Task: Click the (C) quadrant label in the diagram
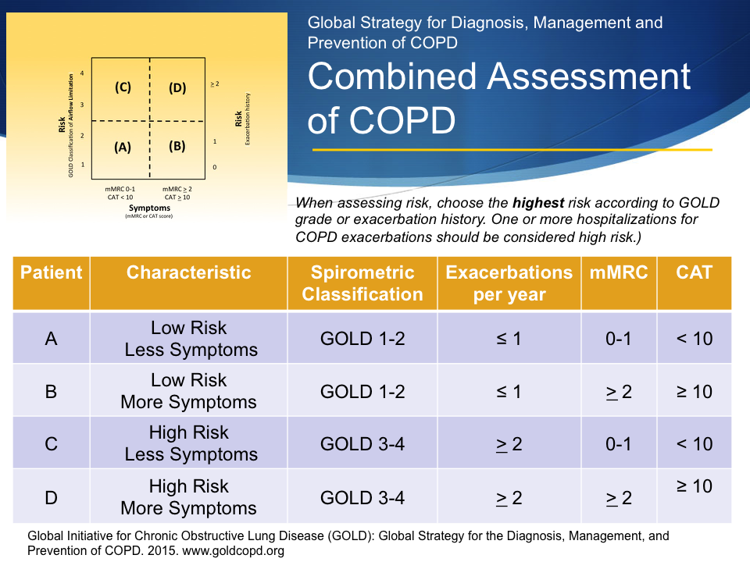point(123,87)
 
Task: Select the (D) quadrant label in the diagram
point(177,87)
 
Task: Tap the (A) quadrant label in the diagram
point(123,146)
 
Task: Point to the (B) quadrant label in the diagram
point(177,146)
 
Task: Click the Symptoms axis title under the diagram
point(149,208)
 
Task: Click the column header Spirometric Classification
point(362,283)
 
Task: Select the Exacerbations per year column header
point(509,283)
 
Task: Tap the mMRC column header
point(619,272)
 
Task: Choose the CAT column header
point(694,272)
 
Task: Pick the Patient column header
point(51,272)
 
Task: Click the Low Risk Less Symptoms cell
point(188,339)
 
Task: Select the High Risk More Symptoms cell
point(188,497)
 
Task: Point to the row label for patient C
point(51,444)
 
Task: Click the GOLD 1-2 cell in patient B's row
point(362,392)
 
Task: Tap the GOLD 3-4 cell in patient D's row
point(362,497)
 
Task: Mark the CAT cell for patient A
point(694,339)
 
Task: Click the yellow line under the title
point(512,149)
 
